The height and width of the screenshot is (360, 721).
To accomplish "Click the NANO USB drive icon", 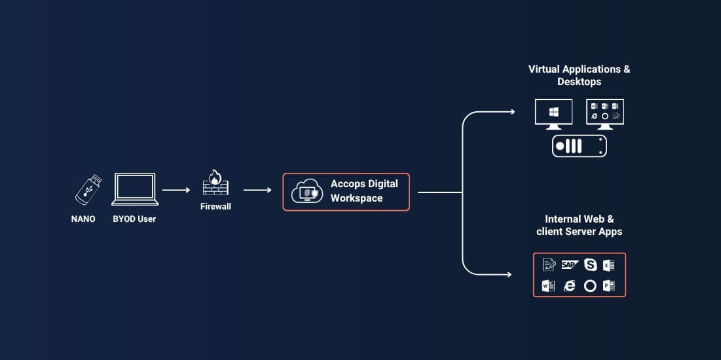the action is [x=88, y=189].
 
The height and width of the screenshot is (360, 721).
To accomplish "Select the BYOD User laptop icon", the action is [x=135, y=189].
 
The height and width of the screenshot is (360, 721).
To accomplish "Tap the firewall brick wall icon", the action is [x=215, y=183].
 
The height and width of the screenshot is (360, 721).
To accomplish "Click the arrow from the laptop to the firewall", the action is [x=176, y=190].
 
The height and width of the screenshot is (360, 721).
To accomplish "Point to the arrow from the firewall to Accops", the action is [x=257, y=190].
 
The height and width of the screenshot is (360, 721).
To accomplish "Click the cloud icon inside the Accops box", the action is [x=305, y=191].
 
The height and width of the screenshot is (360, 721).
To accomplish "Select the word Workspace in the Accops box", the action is [x=356, y=198].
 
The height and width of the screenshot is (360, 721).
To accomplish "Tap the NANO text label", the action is [x=83, y=219].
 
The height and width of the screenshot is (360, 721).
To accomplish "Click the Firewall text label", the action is [x=215, y=207].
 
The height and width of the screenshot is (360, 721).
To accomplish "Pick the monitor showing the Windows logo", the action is [x=553, y=114].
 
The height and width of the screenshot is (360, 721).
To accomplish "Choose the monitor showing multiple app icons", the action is [x=605, y=114].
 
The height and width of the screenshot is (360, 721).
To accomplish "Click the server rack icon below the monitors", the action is [x=580, y=146].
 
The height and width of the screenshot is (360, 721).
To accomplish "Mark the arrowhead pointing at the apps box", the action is [x=509, y=275].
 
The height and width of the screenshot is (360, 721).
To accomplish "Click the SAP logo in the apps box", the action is [x=570, y=265].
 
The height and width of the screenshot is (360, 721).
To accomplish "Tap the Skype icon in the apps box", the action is [x=591, y=265].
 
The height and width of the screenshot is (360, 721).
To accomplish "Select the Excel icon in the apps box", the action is [x=609, y=265].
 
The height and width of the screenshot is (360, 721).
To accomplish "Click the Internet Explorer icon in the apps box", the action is [x=569, y=286].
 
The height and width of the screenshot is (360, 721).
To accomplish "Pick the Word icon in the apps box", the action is [x=549, y=286].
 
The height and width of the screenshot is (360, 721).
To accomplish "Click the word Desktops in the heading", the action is [x=580, y=82].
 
